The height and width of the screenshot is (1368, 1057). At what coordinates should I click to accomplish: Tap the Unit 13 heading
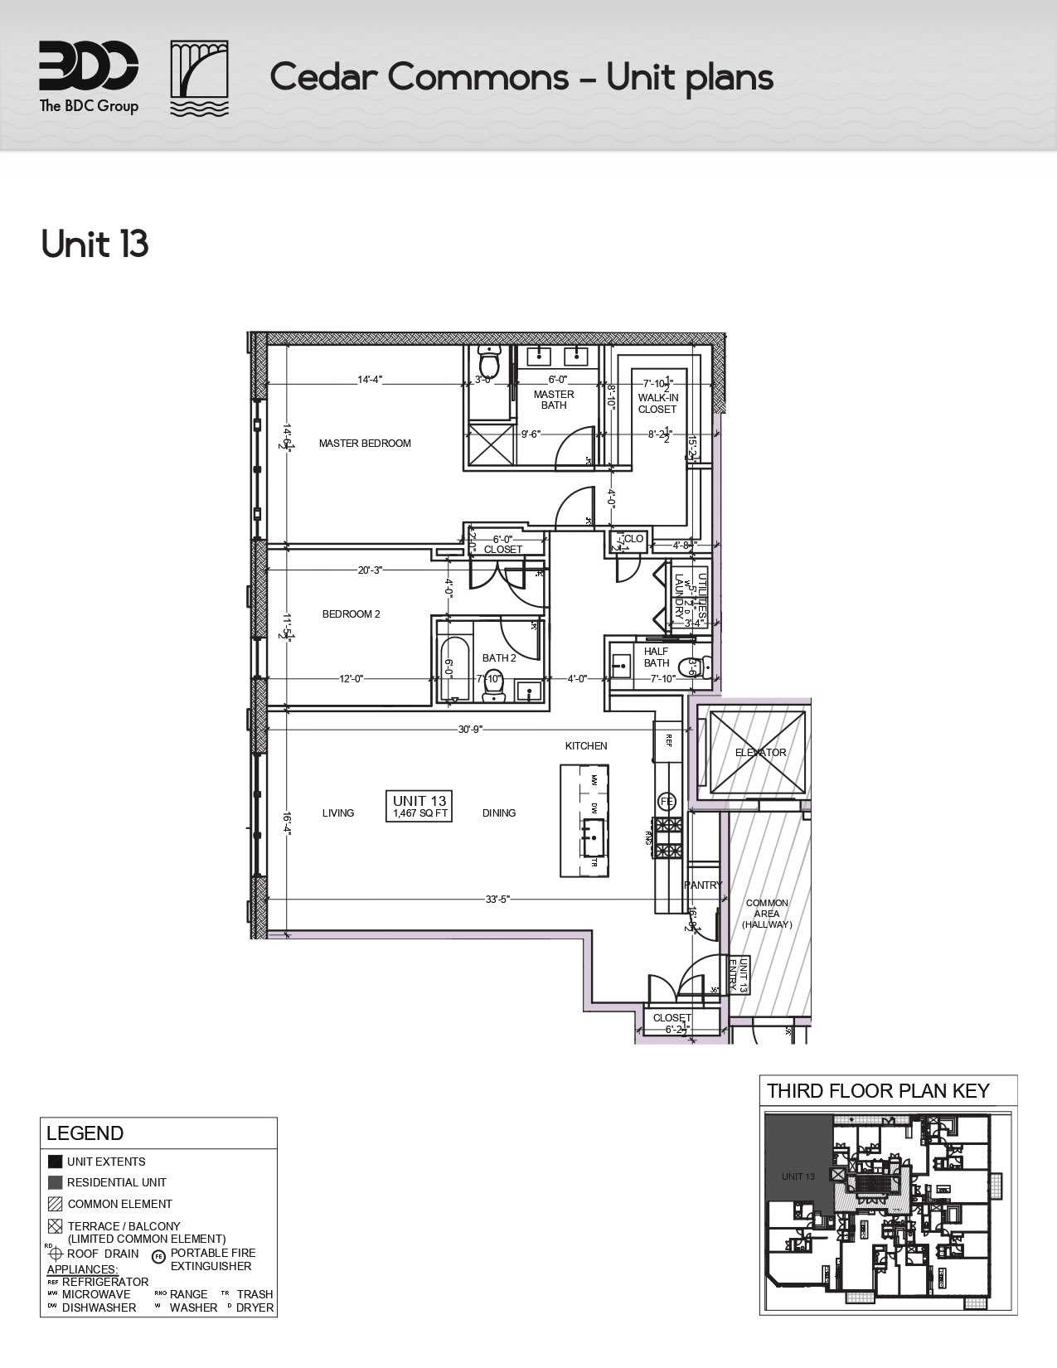point(95,245)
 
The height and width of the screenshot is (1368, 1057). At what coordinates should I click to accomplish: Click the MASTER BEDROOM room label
point(365,444)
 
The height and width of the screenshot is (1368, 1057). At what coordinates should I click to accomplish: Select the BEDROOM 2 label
point(351,614)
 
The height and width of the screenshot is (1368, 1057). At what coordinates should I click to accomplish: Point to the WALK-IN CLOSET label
point(657,403)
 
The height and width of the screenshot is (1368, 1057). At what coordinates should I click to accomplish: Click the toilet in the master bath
point(489,362)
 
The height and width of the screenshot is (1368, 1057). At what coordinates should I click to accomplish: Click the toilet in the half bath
point(691,667)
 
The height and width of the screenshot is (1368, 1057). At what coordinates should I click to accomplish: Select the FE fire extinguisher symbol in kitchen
point(667,801)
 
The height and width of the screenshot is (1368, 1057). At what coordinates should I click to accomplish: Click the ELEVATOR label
point(760,753)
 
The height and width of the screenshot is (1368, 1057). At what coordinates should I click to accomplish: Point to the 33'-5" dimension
point(497,898)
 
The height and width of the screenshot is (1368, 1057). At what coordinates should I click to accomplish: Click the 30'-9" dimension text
point(470,730)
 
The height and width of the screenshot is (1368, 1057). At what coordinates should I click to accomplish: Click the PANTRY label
point(703,885)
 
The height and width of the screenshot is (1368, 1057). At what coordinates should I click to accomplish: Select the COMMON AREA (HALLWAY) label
point(767,914)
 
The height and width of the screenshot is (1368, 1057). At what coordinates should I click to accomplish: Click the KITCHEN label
point(586,746)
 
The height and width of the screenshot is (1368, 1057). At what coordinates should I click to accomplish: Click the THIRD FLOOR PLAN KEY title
point(878,1090)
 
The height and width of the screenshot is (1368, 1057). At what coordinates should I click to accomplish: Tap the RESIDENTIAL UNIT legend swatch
point(55,1182)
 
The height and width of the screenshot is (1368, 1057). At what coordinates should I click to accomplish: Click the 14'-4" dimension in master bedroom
point(370,380)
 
